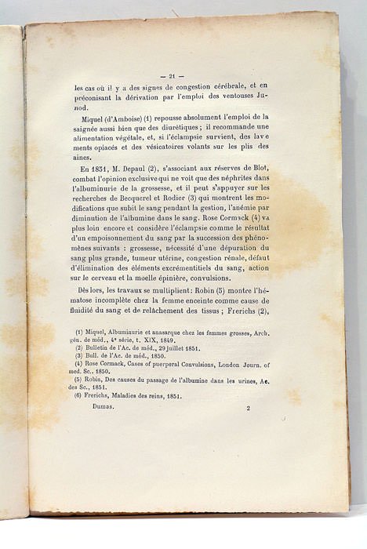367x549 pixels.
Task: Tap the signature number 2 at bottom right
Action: (x=248, y=409)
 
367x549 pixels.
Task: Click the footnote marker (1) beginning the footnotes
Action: (x=79, y=333)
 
